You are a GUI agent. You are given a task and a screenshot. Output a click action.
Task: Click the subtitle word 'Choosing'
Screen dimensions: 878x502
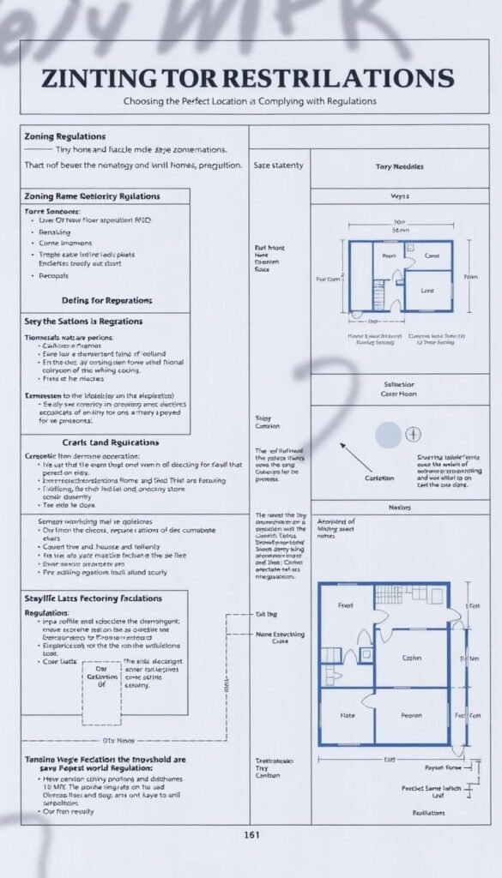pyautogui.click(x=148, y=101)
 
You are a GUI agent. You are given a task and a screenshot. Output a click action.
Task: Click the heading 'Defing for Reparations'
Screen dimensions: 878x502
pyautogui.click(x=107, y=300)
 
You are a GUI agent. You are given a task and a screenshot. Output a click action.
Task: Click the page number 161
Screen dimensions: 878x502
pyautogui.click(x=251, y=834)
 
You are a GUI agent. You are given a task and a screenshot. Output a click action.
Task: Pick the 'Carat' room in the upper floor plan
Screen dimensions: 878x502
pyautogui.click(x=432, y=256)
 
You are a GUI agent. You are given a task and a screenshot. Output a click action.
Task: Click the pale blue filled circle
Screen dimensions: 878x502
pyautogui.click(x=388, y=434)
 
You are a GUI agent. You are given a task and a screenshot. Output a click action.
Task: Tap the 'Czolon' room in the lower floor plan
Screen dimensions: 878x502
pyautogui.click(x=411, y=658)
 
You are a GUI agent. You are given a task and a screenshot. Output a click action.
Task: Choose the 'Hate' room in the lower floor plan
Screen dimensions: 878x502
pyautogui.click(x=347, y=713)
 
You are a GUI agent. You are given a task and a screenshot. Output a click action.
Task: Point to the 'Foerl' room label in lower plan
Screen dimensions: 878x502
pyautogui.click(x=346, y=605)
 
